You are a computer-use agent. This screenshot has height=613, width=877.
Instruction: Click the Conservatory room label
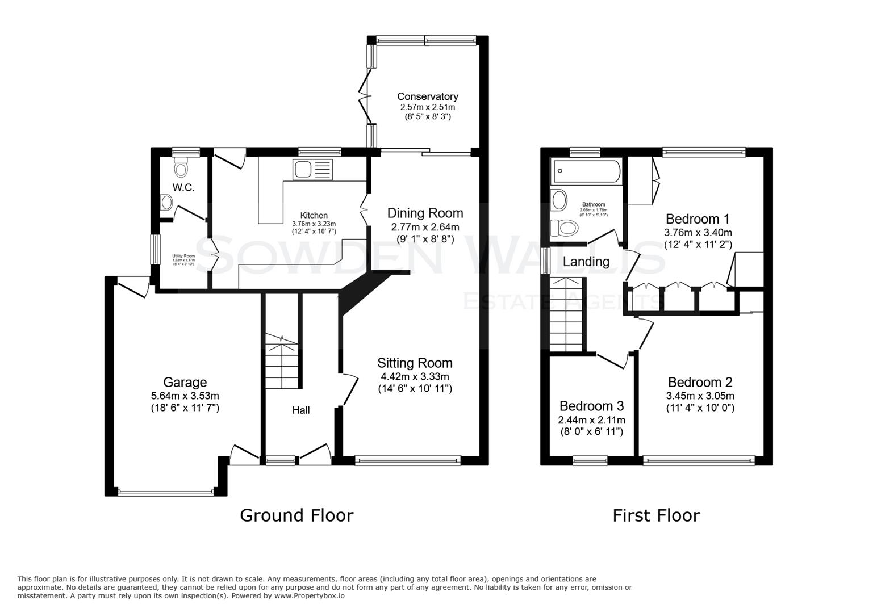427,96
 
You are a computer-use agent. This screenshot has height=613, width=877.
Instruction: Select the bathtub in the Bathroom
586,171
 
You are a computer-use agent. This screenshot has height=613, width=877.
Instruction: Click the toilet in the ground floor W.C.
181,168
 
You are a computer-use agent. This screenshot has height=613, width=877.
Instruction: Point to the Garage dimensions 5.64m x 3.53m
185,396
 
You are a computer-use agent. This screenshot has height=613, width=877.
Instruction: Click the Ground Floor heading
296,515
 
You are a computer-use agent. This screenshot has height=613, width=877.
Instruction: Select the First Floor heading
655,515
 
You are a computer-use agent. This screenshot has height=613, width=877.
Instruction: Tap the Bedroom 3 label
591,406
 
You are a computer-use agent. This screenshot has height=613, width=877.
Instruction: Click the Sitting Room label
415,363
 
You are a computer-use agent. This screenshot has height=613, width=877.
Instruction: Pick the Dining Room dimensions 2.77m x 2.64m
425,227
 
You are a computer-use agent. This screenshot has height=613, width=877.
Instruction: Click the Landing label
586,262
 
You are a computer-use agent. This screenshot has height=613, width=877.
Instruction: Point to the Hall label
300,410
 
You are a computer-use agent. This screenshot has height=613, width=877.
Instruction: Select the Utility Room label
183,256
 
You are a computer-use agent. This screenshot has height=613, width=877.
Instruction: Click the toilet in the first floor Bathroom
565,228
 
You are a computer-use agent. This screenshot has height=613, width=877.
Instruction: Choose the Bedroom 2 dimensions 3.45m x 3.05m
700,396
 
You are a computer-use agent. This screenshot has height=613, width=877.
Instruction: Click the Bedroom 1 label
698,219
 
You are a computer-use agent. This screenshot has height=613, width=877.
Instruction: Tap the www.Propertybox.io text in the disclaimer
310,596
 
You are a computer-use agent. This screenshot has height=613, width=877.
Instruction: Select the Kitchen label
314,216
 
